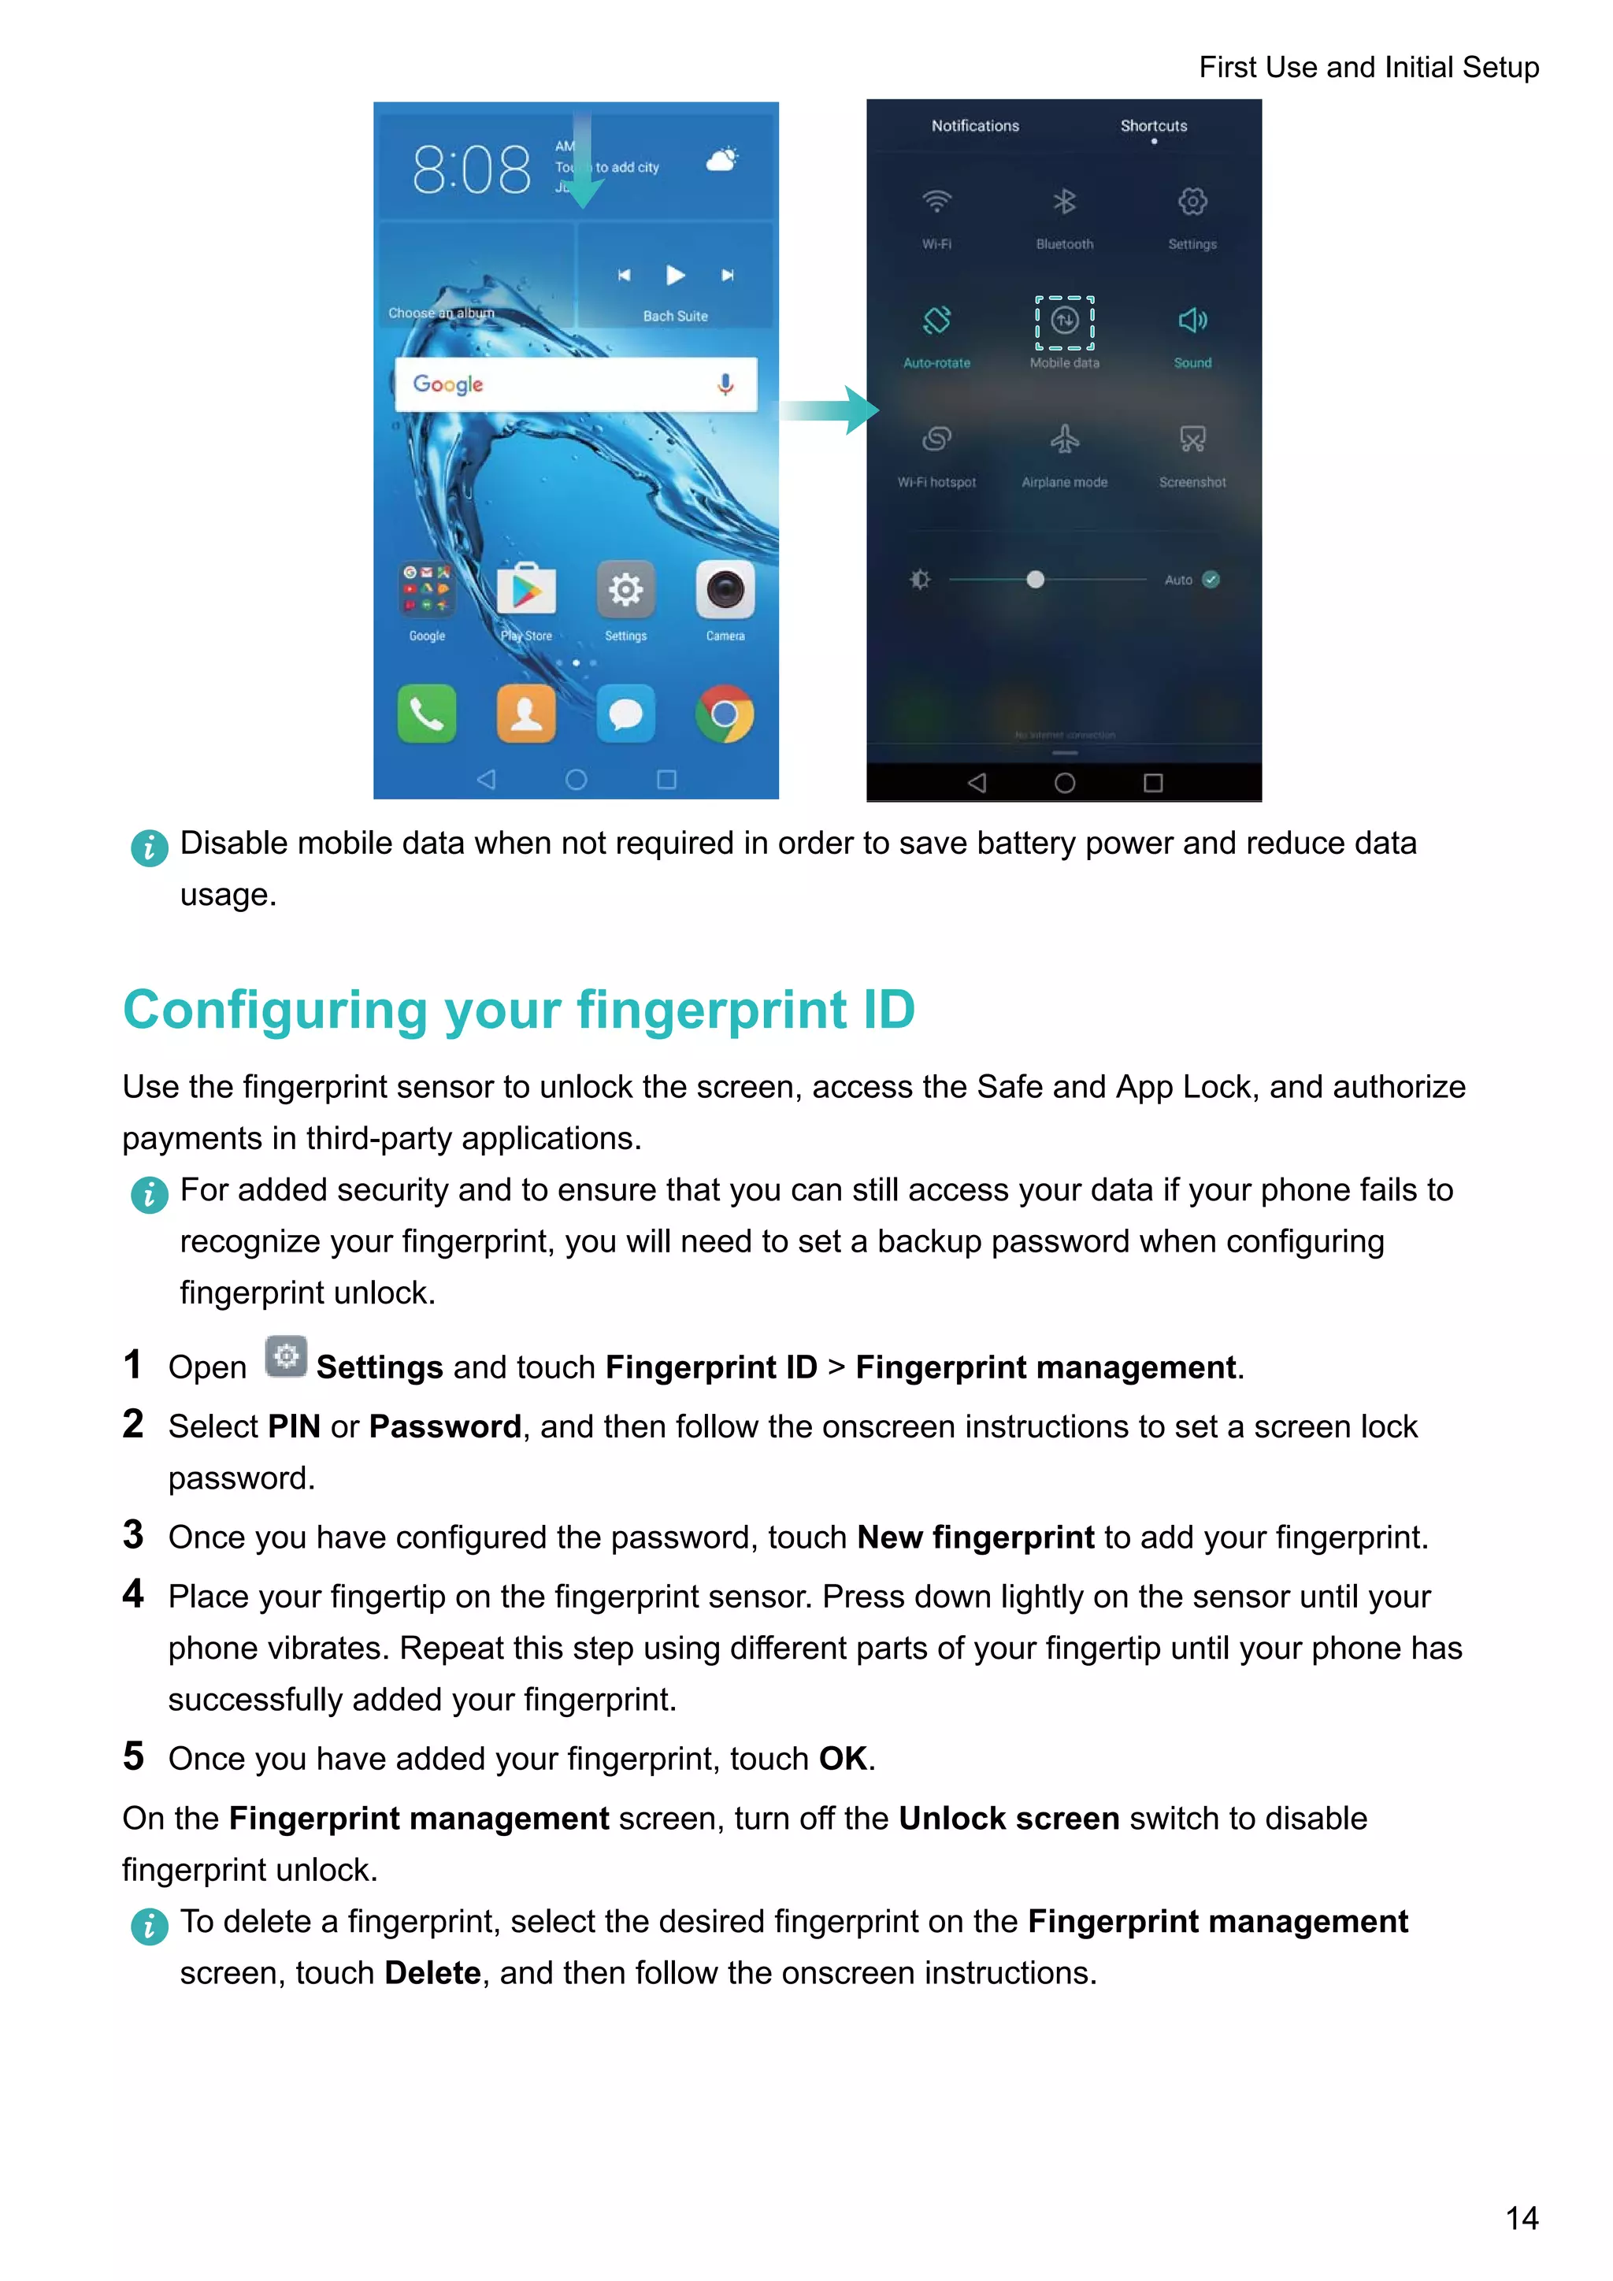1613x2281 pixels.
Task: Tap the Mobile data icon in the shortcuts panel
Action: (1065, 321)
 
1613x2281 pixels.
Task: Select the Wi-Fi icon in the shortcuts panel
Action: (936, 202)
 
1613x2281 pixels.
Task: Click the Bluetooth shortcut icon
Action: (1065, 202)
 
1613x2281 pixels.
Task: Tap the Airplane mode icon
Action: (1065, 440)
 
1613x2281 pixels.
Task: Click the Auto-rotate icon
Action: (936, 321)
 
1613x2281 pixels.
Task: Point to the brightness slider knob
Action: (1035, 579)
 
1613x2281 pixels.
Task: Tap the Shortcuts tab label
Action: (1153, 126)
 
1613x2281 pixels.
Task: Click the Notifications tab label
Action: (974, 126)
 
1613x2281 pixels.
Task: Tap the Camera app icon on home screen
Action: (725, 590)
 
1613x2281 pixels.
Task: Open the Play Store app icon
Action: (526, 590)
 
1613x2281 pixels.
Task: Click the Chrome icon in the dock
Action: (725, 714)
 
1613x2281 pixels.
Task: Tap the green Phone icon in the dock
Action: (427, 714)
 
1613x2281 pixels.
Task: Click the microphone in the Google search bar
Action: (726, 384)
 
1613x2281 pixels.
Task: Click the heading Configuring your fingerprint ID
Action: (517, 1010)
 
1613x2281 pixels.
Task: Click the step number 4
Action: (133, 1594)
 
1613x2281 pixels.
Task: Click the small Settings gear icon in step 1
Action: (286, 1357)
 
